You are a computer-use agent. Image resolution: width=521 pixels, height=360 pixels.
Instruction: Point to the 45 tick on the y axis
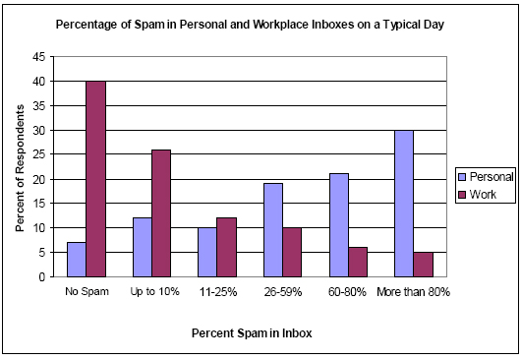coord(51,57)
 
